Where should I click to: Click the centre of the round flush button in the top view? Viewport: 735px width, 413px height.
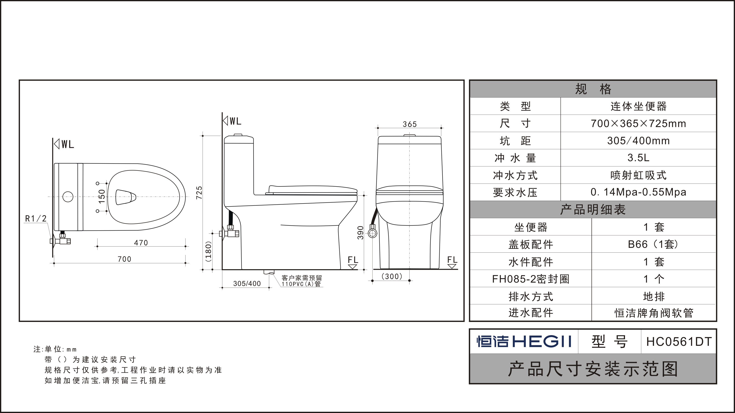(68, 197)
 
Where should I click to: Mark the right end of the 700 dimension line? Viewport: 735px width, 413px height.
(185, 263)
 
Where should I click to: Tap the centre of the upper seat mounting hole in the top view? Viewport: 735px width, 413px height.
(97, 183)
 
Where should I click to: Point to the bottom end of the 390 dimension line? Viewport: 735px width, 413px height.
(364, 269)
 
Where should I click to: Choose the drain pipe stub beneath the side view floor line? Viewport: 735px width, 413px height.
(269, 272)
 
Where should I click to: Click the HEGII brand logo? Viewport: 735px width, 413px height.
(524, 341)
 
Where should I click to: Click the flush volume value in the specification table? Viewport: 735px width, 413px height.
(638, 158)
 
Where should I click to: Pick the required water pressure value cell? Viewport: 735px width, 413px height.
(638, 192)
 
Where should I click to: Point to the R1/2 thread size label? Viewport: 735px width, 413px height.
(36, 219)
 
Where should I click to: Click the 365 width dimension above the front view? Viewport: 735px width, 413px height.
(410, 124)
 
